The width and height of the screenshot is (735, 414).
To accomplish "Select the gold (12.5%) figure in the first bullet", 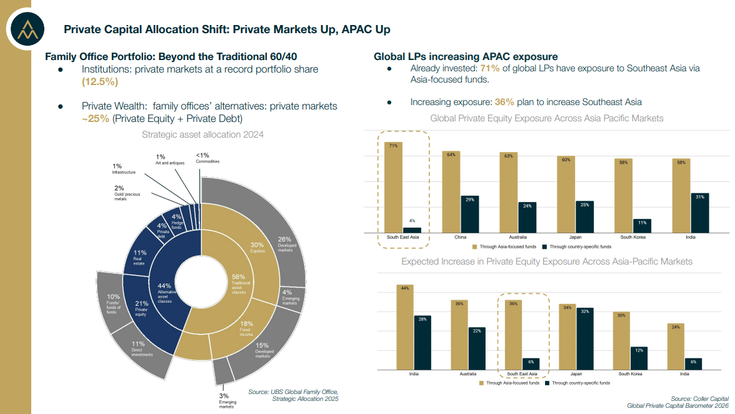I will [100, 82].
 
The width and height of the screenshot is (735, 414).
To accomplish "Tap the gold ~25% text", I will [96, 119].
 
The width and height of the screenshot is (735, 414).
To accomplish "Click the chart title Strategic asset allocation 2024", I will [202, 134].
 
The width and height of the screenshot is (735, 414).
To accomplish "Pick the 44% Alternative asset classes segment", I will [164, 293].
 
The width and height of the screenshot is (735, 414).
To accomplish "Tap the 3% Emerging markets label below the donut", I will [224, 400].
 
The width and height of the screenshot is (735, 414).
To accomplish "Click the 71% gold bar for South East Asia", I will [394, 188].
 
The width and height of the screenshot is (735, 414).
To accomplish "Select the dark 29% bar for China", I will [469, 214].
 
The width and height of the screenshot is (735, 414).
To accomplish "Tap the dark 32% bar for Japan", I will [586, 338].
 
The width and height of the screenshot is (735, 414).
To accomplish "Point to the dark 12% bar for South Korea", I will [639, 357].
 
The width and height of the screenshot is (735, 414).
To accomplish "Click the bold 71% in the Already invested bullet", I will [490, 68].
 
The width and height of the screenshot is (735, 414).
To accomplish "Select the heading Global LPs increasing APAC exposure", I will [466, 56].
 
